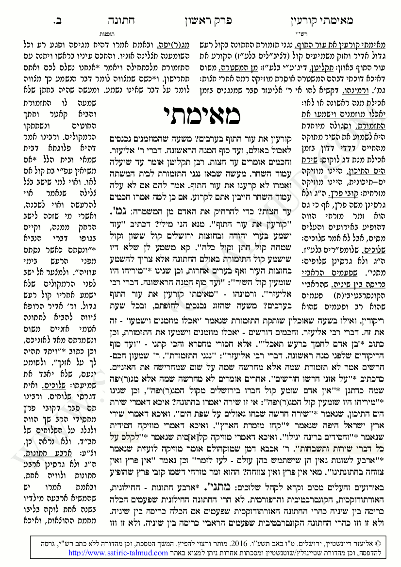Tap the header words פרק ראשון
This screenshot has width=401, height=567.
tap(209, 22)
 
